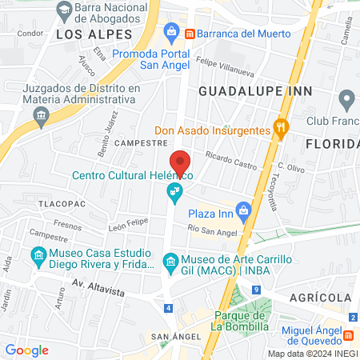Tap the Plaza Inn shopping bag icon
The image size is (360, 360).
click(x=244, y=210)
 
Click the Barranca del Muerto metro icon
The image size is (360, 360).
click(x=190, y=34)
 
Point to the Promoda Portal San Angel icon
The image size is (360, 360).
click(x=171, y=32)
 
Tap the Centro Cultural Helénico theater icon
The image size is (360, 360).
click(x=171, y=191)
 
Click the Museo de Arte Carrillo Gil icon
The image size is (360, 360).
click(x=170, y=262)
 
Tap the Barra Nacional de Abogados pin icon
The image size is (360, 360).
click(x=62, y=11)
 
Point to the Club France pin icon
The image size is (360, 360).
click(x=346, y=101)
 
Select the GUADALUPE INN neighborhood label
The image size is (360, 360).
click(x=254, y=91)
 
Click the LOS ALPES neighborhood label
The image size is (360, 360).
click(x=92, y=35)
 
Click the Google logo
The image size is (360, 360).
click(x=26, y=350)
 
